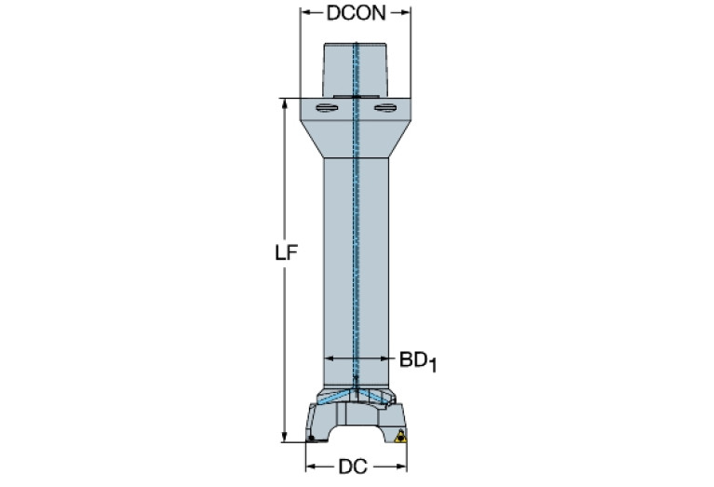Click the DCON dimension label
coord(355,12)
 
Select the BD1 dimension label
coord(418,359)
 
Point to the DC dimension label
coord(354,465)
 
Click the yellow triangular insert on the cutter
coord(401,437)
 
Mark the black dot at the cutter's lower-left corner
coord(310,438)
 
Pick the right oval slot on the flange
coord(384,112)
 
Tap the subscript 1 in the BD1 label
coord(433,365)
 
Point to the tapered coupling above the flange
coord(355,70)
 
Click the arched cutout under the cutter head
coord(355,433)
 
